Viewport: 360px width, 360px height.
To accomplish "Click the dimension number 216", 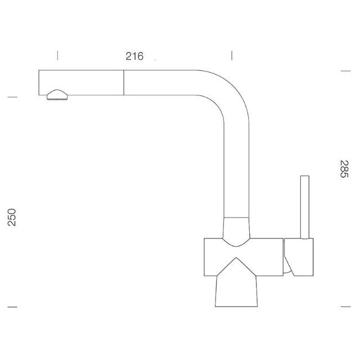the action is (134, 56).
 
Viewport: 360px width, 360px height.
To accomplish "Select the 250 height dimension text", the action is (12, 217).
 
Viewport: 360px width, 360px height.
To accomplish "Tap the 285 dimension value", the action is (344, 169).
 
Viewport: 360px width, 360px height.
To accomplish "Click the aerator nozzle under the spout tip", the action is (57, 95).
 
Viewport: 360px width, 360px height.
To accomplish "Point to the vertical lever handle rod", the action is (305, 208).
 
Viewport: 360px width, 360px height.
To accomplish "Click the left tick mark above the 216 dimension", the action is (57, 56).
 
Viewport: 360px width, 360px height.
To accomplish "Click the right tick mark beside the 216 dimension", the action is (232, 56).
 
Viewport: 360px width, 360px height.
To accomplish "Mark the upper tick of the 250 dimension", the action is (12, 97).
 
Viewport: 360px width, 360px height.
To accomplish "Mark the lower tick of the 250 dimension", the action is (12, 307).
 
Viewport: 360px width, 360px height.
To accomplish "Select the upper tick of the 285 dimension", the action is (346, 71).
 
